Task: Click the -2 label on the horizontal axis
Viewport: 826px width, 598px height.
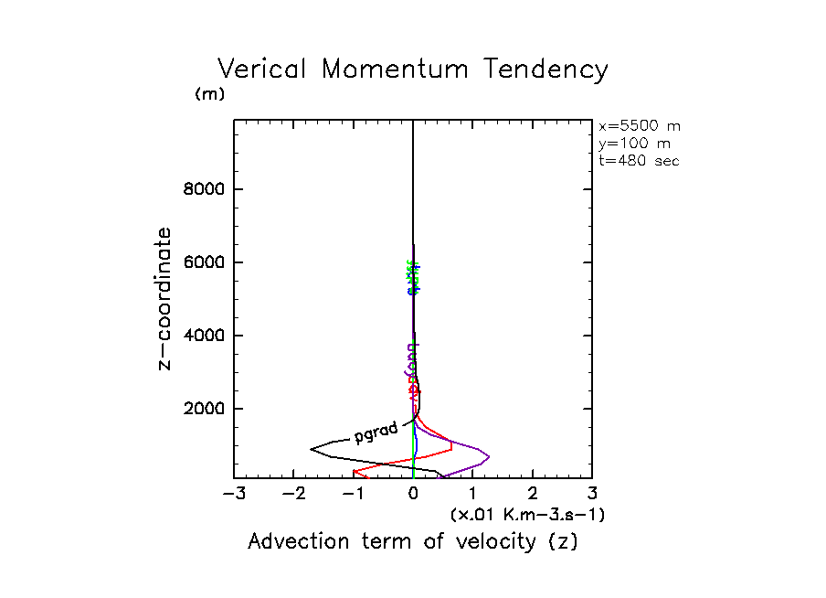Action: coord(292,495)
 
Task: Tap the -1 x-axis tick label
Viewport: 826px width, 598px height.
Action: coord(352,495)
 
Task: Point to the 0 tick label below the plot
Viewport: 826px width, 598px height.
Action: coord(414,495)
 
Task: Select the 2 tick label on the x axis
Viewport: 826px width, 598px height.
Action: coord(533,495)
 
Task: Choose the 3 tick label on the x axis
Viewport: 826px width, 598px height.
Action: coord(592,495)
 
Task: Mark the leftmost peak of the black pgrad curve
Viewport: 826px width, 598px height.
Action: coord(312,448)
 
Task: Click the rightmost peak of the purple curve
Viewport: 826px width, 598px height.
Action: coord(490,455)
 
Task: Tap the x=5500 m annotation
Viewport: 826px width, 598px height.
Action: coord(639,126)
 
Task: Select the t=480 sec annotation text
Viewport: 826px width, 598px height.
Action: coord(639,160)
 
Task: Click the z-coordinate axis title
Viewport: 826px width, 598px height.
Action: coord(165,298)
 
